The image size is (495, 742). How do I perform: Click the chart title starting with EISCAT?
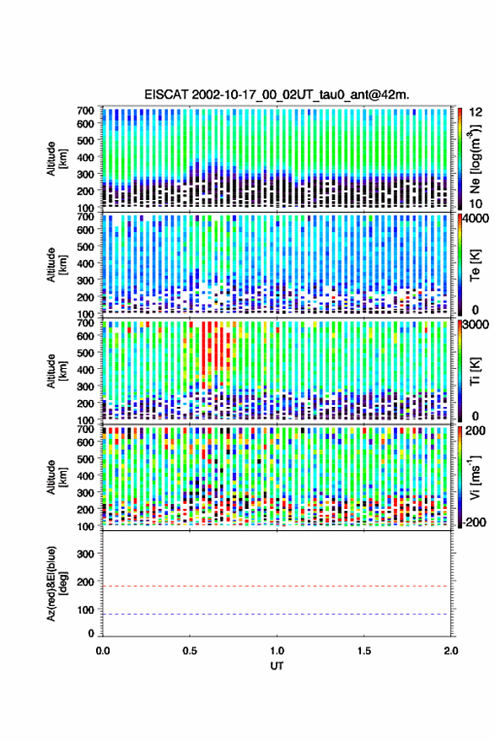tap(277, 95)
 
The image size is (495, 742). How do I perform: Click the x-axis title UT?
tap(277, 666)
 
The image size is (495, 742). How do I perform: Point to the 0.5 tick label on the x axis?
tap(190, 651)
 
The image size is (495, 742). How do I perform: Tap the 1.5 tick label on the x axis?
tap(363, 651)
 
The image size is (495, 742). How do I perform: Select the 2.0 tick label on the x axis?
tap(450, 651)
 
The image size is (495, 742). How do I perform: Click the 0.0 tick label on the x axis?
tap(103, 651)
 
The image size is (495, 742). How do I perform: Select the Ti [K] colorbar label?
tap(475, 371)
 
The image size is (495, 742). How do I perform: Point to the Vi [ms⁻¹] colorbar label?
tap(475, 477)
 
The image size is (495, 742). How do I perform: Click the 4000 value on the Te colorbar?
tap(476, 219)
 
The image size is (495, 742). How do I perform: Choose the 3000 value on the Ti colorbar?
tap(476, 325)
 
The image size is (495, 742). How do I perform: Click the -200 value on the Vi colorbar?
tap(475, 523)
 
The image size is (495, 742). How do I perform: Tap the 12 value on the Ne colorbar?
tap(476, 112)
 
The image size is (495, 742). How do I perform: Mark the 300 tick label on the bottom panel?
tap(85, 554)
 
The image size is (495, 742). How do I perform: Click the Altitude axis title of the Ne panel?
tap(56, 159)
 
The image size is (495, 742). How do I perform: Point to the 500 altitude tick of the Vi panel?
tap(85, 459)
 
